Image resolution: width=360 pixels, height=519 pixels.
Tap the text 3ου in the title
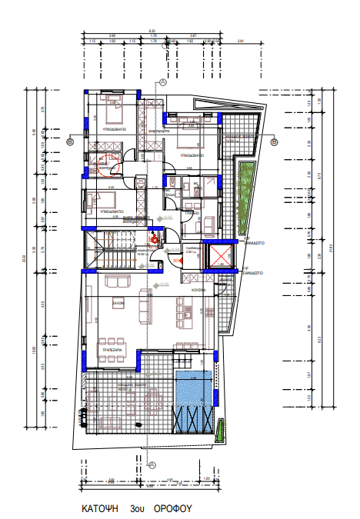click(138, 509)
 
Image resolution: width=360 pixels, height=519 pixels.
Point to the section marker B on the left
click(69, 141)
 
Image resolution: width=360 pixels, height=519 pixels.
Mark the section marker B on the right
click(275, 141)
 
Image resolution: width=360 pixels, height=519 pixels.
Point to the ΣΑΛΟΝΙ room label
click(118, 301)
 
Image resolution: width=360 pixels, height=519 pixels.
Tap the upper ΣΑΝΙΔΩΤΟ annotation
click(255, 241)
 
